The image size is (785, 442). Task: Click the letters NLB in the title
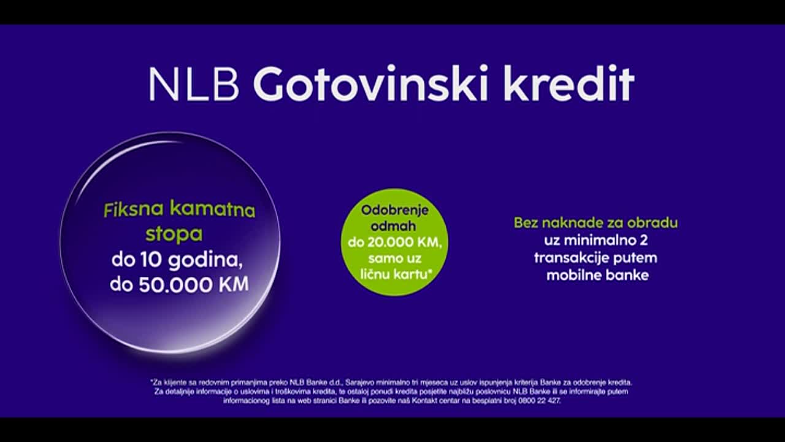[193, 84]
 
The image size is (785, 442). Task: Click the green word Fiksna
[134, 211]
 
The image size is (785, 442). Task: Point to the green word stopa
[174, 234]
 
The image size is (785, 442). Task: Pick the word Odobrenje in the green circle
[394, 210]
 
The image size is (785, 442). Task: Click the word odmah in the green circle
[394, 226]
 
